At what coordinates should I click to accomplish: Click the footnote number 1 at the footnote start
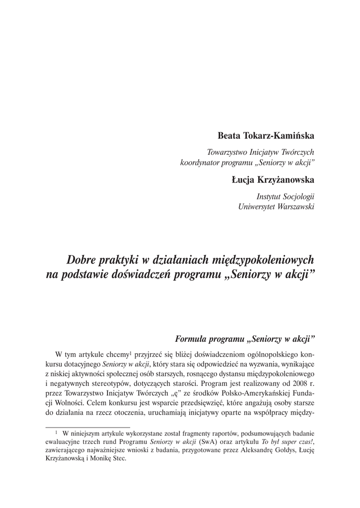57,432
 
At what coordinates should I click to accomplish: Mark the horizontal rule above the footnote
87,426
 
